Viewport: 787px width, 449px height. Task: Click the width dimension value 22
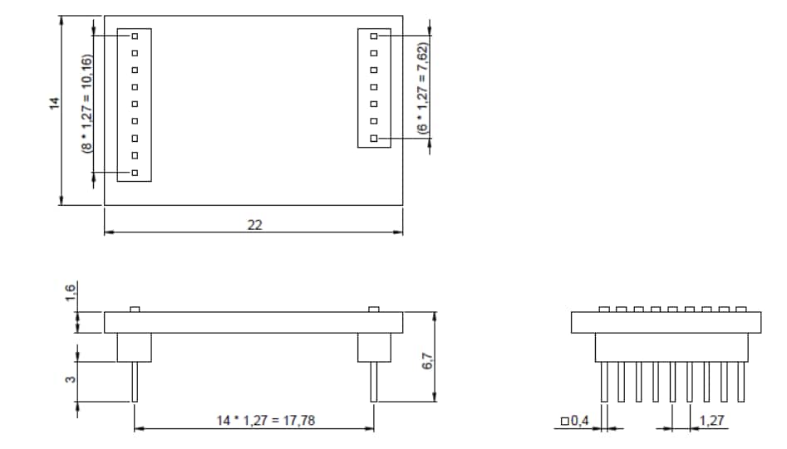pyautogui.click(x=254, y=225)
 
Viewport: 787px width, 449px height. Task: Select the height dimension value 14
pyautogui.click(x=54, y=103)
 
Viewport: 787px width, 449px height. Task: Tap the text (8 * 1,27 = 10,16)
pyautogui.click(x=86, y=104)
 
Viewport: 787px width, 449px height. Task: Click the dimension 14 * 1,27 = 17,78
pyautogui.click(x=253, y=421)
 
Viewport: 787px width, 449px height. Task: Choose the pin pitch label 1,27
pyautogui.click(x=711, y=421)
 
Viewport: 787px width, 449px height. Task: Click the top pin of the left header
pyautogui.click(x=135, y=37)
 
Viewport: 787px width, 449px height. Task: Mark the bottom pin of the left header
pyautogui.click(x=135, y=173)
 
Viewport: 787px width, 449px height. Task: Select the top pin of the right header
pyautogui.click(x=374, y=37)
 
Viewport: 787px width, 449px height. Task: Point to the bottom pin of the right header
pyautogui.click(x=374, y=139)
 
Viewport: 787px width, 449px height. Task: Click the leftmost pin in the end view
pyautogui.click(x=604, y=382)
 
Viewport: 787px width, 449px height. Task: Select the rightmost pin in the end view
pyautogui.click(x=740, y=382)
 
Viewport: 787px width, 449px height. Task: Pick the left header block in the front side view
pyautogui.click(x=135, y=348)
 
